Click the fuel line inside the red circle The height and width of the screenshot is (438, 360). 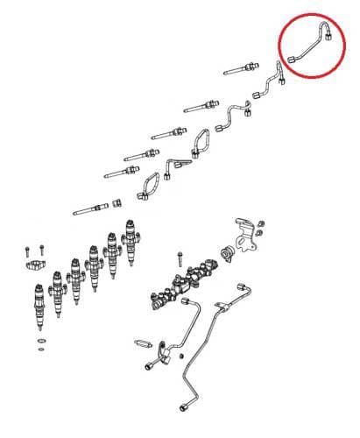pyautogui.click(x=307, y=46)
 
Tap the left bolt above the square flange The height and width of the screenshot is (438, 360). pyautogui.click(x=28, y=249)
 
